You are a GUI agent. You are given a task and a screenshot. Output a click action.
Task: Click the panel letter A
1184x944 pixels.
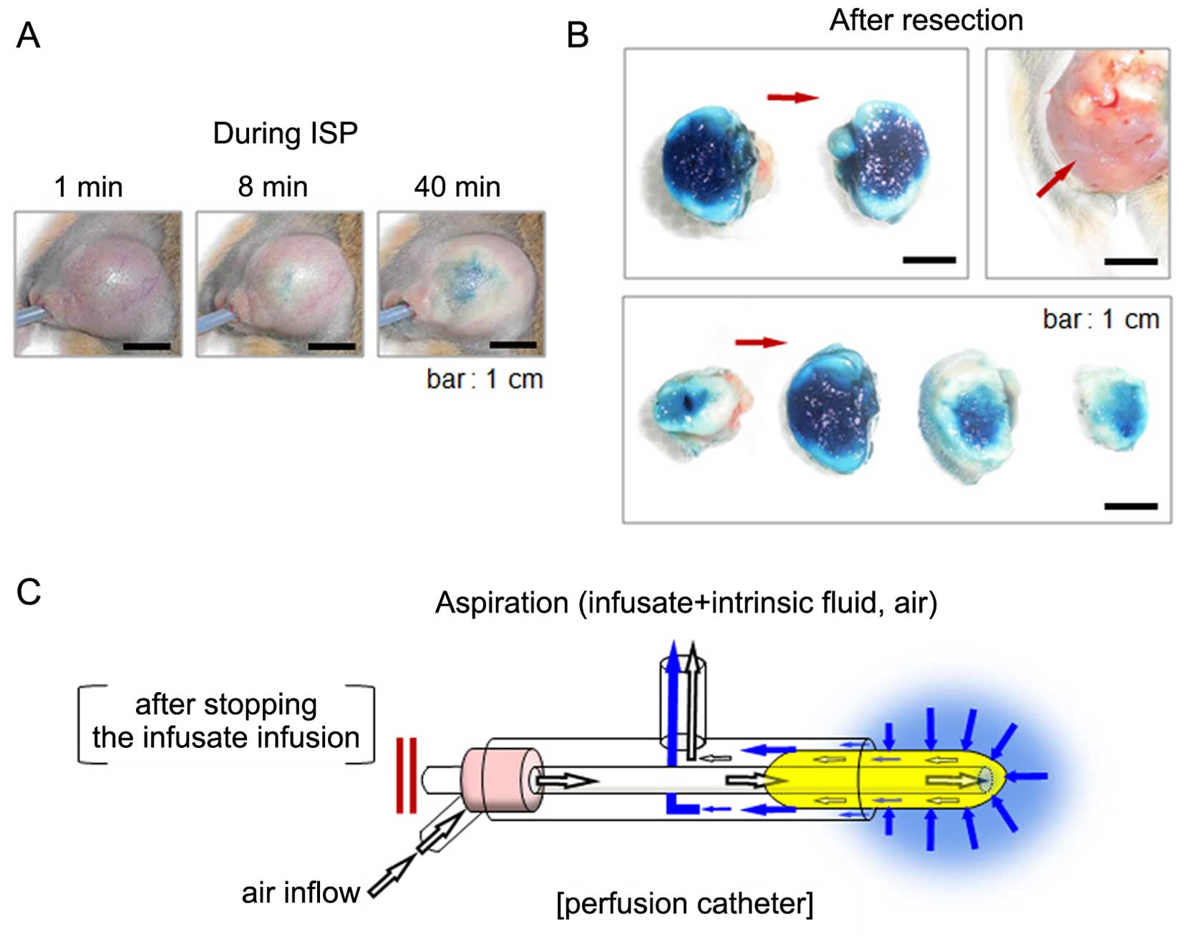click(28, 35)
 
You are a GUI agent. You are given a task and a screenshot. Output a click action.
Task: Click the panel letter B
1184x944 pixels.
click(577, 35)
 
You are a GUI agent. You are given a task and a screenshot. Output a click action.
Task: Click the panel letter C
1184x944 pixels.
click(29, 592)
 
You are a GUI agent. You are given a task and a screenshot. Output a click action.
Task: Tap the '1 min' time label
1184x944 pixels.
click(88, 188)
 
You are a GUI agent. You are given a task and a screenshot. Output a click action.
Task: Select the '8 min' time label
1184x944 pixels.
click(273, 188)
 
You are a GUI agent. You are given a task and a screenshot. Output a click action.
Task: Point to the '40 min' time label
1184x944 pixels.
click(457, 188)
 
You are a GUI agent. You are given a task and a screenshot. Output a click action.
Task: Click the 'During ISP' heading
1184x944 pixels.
click(285, 134)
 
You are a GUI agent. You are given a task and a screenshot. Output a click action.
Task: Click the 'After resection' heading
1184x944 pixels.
click(926, 21)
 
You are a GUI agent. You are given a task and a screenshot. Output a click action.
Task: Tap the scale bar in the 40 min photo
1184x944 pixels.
click(513, 345)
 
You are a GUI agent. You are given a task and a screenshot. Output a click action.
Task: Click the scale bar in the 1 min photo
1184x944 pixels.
click(147, 346)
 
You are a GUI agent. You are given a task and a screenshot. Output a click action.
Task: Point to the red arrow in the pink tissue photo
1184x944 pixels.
click(1056, 178)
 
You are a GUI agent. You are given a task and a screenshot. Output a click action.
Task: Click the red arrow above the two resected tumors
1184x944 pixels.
click(792, 97)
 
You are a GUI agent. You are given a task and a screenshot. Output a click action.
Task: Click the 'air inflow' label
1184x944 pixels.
click(300, 893)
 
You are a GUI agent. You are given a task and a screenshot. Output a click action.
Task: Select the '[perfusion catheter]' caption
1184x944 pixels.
click(684, 904)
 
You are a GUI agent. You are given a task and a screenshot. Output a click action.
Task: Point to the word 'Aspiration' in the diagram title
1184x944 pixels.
click(501, 603)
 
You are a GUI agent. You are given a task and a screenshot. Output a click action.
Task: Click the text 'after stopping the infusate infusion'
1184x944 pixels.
click(225, 721)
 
